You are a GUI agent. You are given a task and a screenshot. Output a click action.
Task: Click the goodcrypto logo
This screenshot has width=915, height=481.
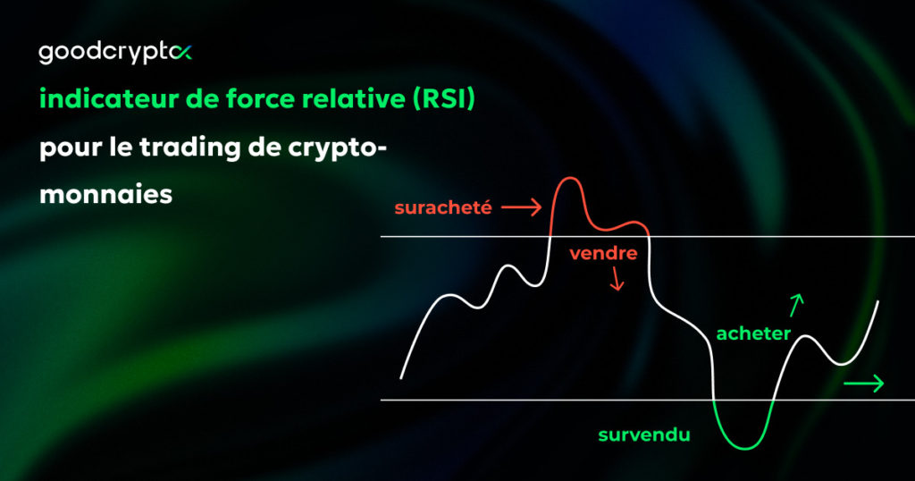coord(114,54)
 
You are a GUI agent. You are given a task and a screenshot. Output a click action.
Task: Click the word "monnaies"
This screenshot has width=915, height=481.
coord(105,194)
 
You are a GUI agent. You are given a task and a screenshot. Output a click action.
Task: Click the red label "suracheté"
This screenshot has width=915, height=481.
coord(443,208)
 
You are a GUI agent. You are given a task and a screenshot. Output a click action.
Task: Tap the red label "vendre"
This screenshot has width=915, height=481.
coord(603,253)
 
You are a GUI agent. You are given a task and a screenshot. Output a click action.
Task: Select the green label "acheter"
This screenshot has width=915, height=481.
coord(754,333)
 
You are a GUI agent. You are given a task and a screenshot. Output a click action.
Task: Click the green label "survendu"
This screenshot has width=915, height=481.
coord(643,435)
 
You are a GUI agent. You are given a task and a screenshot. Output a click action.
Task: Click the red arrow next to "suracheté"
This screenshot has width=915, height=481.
coord(521,208)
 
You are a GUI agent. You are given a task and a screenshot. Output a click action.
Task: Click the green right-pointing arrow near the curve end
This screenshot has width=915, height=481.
coord(863,384)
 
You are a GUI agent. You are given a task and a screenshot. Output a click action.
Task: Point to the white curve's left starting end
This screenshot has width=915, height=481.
coord(401,377)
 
